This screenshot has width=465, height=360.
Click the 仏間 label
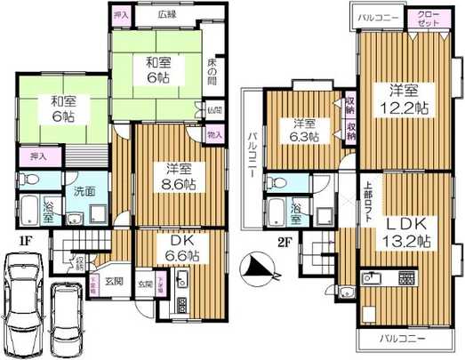tap(214, 110)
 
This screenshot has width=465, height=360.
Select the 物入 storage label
tap(214, 134)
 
